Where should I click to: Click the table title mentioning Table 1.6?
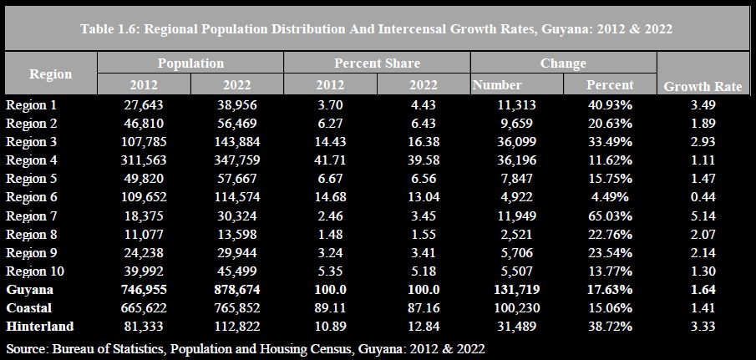377,28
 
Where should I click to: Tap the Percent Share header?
377,63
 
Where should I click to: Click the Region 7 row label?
33,215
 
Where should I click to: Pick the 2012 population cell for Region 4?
144,160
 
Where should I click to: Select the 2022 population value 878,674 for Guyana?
236,290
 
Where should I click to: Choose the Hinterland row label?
40,327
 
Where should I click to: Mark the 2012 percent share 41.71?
330,160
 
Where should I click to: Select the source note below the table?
246,347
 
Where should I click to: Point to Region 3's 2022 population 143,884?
236,142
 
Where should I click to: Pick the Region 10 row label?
36,271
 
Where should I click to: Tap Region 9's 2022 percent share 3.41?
424,252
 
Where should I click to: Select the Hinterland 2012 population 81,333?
144,327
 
